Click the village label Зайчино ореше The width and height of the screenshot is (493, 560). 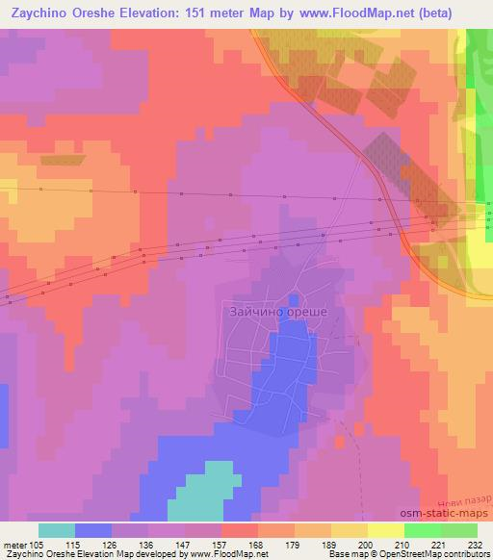tap(278, 313)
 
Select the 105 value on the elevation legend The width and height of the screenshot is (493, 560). tap(38, 544)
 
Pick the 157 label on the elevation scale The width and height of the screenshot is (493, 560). tap(221, 544)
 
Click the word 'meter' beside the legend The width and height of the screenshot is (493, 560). tap(14, 544)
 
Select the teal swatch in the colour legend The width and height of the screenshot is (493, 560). tap(57, 530)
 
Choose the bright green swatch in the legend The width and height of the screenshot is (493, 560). tap(423, 530)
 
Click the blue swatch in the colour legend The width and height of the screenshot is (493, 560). tap(93, 530)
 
